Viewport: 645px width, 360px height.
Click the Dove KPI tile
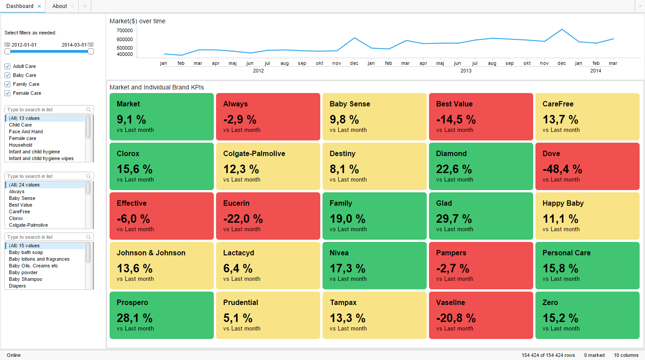pos(587,166)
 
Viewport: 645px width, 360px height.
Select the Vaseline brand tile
pos(480,315)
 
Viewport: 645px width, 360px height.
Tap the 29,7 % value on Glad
pos(454,219)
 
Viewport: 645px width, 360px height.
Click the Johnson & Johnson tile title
pos(151,253)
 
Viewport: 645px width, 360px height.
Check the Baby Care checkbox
pos(7,75)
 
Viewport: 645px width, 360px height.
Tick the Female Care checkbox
pos(7,93)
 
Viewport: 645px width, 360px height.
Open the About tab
pos(59,6)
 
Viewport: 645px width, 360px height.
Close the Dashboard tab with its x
pos(39,6)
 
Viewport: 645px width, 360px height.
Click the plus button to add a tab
pos(85,6)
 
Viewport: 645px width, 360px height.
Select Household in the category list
pos(21,145)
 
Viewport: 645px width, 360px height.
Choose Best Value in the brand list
pos(21,205)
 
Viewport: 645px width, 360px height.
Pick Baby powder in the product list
pos(23,272)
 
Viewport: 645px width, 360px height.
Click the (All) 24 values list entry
pos(24,185)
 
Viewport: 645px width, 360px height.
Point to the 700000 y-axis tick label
pos(124,30)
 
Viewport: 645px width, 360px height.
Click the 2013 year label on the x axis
pos(466,71)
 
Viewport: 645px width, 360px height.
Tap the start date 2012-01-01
pos(24,45)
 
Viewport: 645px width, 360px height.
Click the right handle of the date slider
pos(91,51)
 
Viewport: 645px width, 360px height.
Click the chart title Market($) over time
pos(137,21)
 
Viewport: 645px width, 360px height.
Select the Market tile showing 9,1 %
pos(161,117)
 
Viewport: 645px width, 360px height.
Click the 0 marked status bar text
pos(594,355)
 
